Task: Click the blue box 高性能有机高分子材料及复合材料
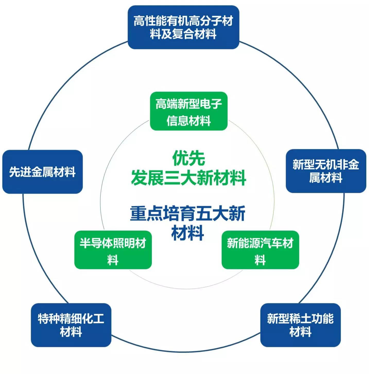tap(183, 27)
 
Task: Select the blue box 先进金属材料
tap(42, 172)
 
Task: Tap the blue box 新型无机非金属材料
tap(326, 171)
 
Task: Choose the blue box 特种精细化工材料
tap(71, 325)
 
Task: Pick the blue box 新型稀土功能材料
tap(300, 325)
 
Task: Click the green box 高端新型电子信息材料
tap(188, 111)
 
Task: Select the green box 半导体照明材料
tap(113, 250)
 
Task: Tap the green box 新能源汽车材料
tap(260, 250)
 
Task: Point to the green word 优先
tap(188, 158)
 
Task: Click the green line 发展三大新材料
tap(188, 178)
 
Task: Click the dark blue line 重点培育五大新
tap(187, 213)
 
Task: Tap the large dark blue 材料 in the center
tap(187, 233)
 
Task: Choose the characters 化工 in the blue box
tap(93, 318)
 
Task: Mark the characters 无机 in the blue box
tap(326, 164)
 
